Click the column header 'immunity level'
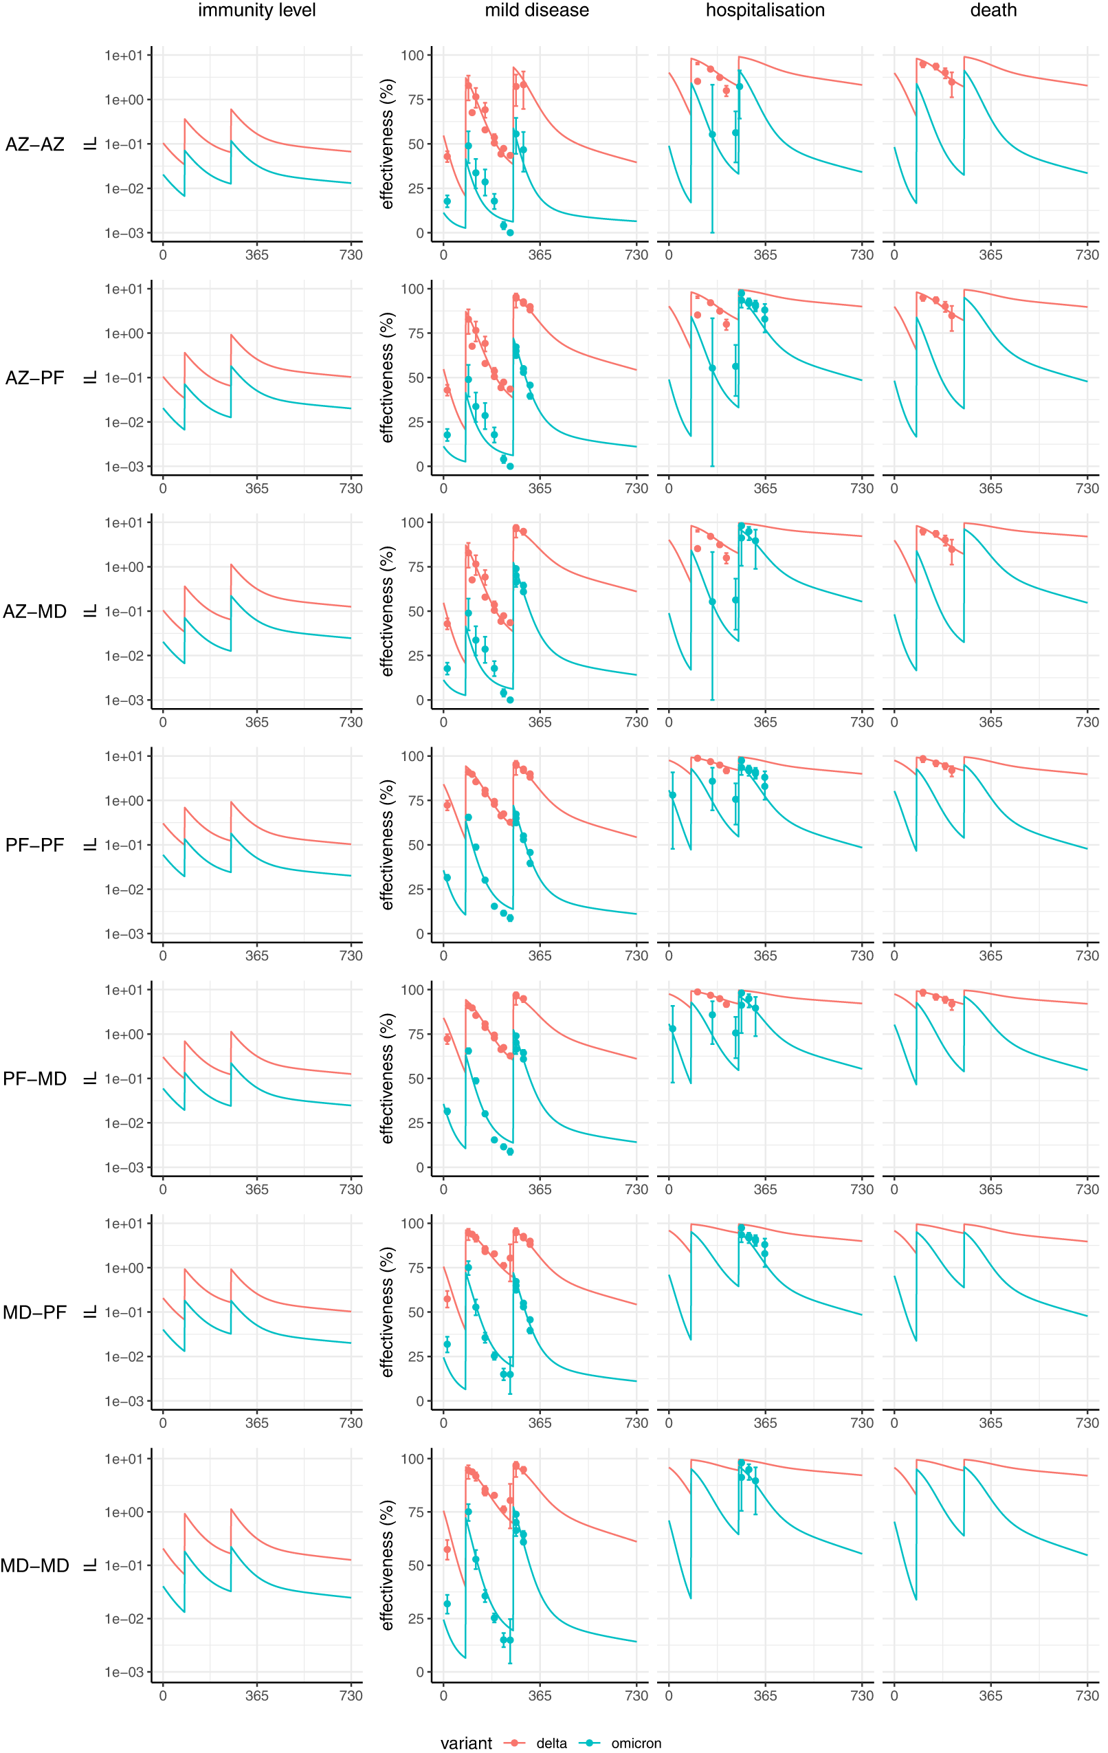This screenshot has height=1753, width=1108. click(256, 10)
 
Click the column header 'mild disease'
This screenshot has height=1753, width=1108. click(537, 10)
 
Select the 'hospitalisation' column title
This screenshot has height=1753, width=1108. click(765, 10)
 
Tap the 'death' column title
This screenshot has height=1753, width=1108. click(993, 10)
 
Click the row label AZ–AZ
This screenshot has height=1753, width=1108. click(35, 144)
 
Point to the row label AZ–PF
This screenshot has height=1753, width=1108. click(35, 378)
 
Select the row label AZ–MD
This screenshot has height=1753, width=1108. click(35, 612)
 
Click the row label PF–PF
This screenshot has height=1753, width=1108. click(35, 845)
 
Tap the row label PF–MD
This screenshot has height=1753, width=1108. click(35, 1079)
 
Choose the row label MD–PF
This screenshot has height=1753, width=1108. click(35, 1312)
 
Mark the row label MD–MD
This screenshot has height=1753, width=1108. click(35, 1566)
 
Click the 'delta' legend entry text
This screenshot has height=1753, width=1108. click(551, 1743)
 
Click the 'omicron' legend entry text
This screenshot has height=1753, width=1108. click(636, 1743)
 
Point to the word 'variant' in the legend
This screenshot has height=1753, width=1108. click(466, 1743)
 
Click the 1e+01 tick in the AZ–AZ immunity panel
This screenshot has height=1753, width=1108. click(124, 55)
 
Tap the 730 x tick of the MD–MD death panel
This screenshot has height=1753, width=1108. click(1087, 1695)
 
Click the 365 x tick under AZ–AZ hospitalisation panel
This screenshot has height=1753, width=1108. click(765, 255)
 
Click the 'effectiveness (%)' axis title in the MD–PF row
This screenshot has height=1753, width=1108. click(387, 1312)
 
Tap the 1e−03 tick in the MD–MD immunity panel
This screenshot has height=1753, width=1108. click(124, 1672)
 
